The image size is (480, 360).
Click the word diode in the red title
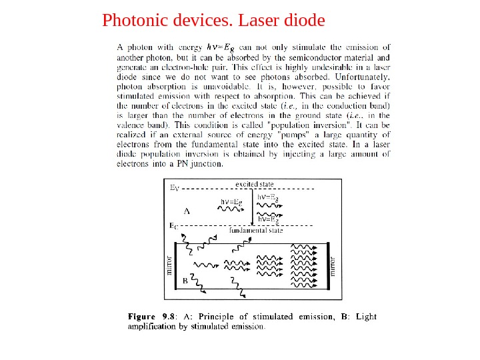pos(304,21)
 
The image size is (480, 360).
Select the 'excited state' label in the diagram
pos(255,183)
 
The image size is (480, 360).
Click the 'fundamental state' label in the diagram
pos(256,231)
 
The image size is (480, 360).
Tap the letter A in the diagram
pos(187,211)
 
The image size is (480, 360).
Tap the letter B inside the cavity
pos(185,281)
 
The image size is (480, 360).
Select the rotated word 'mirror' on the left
pos(169,265)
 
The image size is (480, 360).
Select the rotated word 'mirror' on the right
pos(335,265)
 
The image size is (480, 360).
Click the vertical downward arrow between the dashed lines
pos(251,207)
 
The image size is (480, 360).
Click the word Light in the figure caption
pos(366,317)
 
